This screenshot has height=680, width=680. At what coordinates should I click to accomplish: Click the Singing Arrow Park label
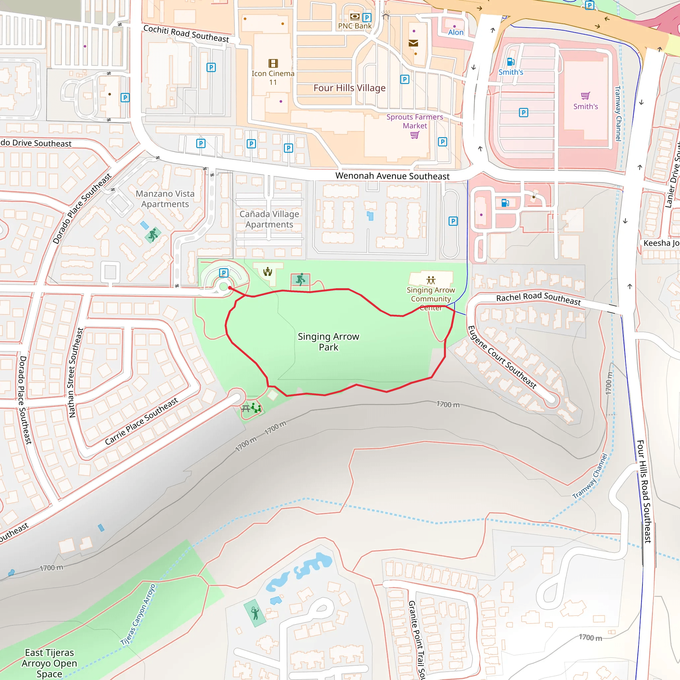[328, 342]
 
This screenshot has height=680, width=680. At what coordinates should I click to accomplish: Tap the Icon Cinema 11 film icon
[273, 63]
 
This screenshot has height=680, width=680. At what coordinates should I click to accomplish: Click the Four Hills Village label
[349, 88]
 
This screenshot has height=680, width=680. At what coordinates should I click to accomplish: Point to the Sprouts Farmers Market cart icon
[415, 135]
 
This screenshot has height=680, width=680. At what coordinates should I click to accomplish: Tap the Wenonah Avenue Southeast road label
[392, 176]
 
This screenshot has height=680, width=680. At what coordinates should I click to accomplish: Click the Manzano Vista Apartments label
[165, 199]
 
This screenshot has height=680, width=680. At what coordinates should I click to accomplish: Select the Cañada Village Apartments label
[269, 219]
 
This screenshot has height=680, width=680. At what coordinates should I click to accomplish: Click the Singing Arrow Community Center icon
[431, 280]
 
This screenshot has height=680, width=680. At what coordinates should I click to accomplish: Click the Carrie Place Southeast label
[141, 421]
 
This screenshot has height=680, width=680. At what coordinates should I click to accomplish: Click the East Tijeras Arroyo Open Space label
[49, 663]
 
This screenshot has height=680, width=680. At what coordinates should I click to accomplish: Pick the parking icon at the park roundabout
[223, 273]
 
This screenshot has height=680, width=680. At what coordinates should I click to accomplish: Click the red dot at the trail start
[230, 288]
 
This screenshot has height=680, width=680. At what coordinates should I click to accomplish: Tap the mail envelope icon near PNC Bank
[413, 43]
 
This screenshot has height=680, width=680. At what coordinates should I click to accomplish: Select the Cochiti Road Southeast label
[186, 34]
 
